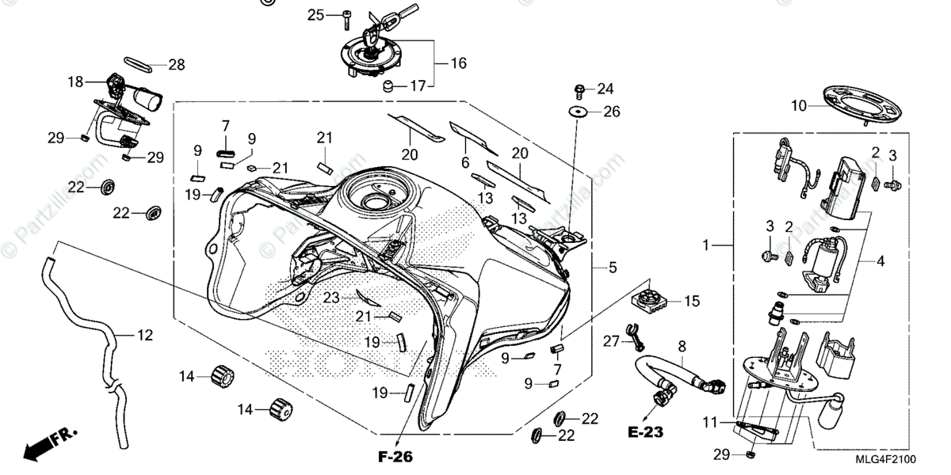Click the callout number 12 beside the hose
click(x=144, y=335)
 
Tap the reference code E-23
click(x=645, y=432)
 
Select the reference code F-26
click(x=396, y=456)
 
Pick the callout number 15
click(x=692, y=301)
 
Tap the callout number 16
click(x=459, y=63)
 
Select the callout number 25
click(x=315, y=14)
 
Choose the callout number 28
click(x=176, y=63)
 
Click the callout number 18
click(x=75, y=82)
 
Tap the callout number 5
click(x=613, y=268)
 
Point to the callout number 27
click(x=609, y=340)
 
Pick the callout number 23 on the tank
click(x=330, y=298)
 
